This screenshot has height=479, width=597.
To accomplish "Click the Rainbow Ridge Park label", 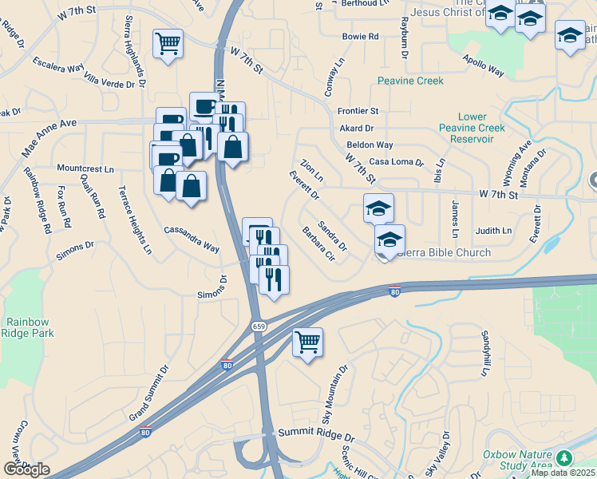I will (x=30, y=327).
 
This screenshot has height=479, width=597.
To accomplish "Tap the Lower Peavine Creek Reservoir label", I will (x=472, y=128).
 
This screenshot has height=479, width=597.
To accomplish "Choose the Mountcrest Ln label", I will (x=85, y=169).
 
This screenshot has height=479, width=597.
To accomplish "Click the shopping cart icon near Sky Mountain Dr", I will (x=307, y=342).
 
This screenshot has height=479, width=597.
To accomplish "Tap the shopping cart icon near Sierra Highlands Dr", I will (x=168, y=43).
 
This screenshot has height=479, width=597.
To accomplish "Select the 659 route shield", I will (x=259, y=326).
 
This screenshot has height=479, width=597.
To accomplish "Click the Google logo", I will (x=26, y=469).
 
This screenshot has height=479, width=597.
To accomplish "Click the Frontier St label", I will (x=358, y=111).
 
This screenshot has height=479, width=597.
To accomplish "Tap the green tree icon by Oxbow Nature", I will (x=565, y=457).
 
